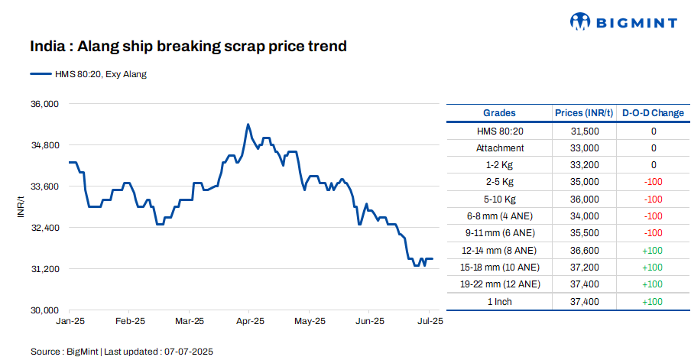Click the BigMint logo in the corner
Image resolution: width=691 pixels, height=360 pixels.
[624, 22]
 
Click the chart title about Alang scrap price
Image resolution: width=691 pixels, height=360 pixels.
[189, 47]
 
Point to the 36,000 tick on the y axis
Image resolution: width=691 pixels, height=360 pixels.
[44, 104]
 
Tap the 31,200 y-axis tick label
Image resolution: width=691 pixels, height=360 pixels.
[44, 269]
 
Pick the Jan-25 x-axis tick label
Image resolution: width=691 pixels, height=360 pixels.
[70, 321]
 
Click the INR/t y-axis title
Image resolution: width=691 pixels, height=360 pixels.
[21, 207]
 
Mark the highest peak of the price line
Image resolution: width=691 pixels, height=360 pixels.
[248, 124]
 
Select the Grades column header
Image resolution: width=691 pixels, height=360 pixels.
[499, 113]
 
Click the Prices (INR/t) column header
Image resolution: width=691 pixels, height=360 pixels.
[585, 113]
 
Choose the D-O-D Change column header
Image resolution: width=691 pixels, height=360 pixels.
[653, 113]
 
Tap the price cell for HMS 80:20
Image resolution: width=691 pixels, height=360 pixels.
[585, 131]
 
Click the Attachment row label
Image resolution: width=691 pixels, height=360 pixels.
[500, 148]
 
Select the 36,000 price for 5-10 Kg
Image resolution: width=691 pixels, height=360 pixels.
[585, 199]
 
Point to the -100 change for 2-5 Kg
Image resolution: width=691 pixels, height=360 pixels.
[652, 182]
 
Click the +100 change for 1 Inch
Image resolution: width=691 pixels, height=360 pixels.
[652, 301]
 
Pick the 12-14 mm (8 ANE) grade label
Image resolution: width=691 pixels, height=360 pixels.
[500, 250]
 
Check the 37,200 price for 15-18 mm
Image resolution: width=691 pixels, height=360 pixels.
[585, 267]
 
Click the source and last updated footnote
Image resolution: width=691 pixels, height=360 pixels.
[122, 352]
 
